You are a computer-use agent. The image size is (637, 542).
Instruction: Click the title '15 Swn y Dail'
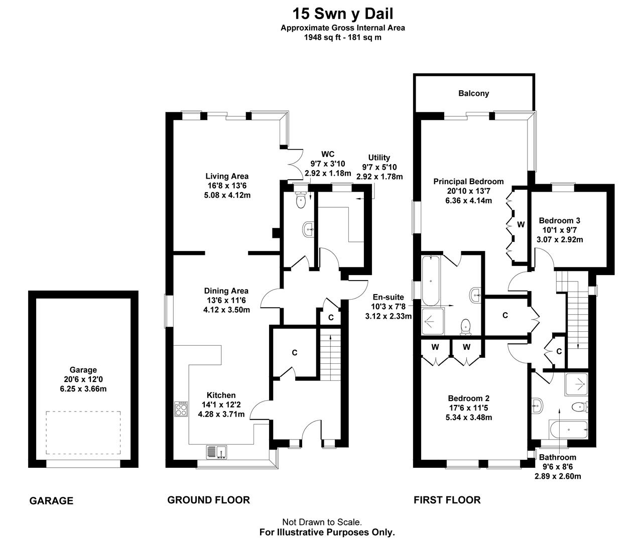343,13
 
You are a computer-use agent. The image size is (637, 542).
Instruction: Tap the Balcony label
473,93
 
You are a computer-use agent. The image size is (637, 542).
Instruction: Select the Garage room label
83,370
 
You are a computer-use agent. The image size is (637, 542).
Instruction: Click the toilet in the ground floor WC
301,200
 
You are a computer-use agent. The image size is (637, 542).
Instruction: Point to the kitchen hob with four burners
181,409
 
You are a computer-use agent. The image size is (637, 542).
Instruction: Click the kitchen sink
217,452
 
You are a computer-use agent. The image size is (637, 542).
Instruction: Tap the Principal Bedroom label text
468,182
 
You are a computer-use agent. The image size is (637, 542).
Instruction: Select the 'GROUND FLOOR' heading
208,500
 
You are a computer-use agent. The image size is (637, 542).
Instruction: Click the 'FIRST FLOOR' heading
447,500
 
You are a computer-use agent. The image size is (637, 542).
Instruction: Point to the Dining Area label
226,291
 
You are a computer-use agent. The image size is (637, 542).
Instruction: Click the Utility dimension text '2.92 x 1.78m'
379,177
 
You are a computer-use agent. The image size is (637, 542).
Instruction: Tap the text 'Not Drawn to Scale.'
322,522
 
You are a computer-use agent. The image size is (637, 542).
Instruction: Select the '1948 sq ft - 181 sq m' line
343,37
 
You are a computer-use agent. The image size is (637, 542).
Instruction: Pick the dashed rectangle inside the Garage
83,431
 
